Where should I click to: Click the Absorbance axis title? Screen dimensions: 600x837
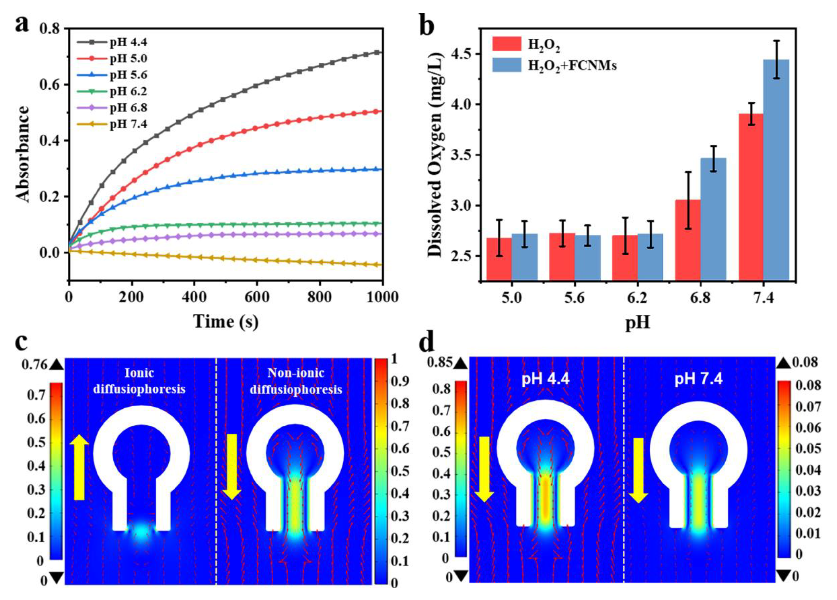[23, 154]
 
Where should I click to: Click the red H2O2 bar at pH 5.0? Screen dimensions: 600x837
[499, 258]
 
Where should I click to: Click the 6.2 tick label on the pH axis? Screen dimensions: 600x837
[637, 297]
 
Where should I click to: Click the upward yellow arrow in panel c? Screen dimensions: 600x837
[79, 467]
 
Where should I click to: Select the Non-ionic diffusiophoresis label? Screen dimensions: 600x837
[296, 381]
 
